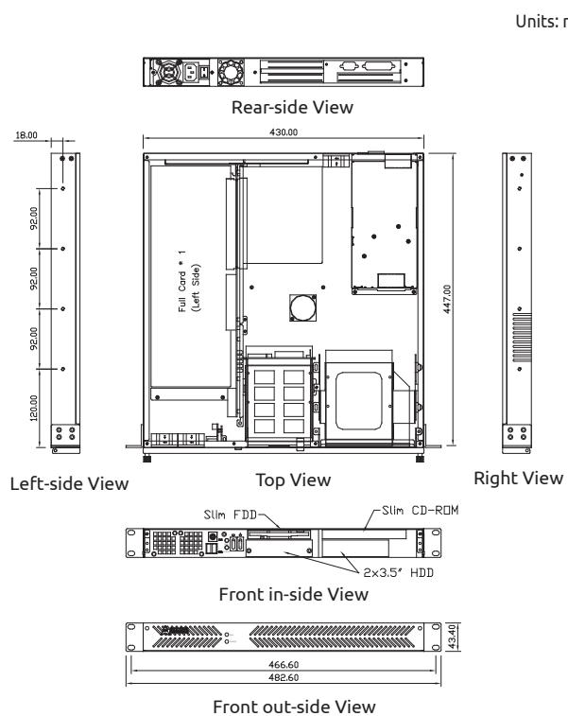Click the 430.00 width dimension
point(284,132)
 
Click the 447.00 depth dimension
point(447,299)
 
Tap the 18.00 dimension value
point(26,135)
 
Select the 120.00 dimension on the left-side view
point(34,408)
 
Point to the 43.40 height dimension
point(451,637)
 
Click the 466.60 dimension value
point(284,664)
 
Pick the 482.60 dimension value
point(284,677)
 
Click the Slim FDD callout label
point(231,515)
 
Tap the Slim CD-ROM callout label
point(420,510)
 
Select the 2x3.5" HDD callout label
point(398,572)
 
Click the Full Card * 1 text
point(182,281)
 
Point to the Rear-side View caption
point(292,107)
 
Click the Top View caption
point(293,480)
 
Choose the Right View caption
point(518,478)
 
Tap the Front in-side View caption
point(293,594)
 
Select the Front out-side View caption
point(294,707)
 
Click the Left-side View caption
point(69,483)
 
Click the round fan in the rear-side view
point(232,72)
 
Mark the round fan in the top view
point(303,307)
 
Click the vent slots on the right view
point(523,337)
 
